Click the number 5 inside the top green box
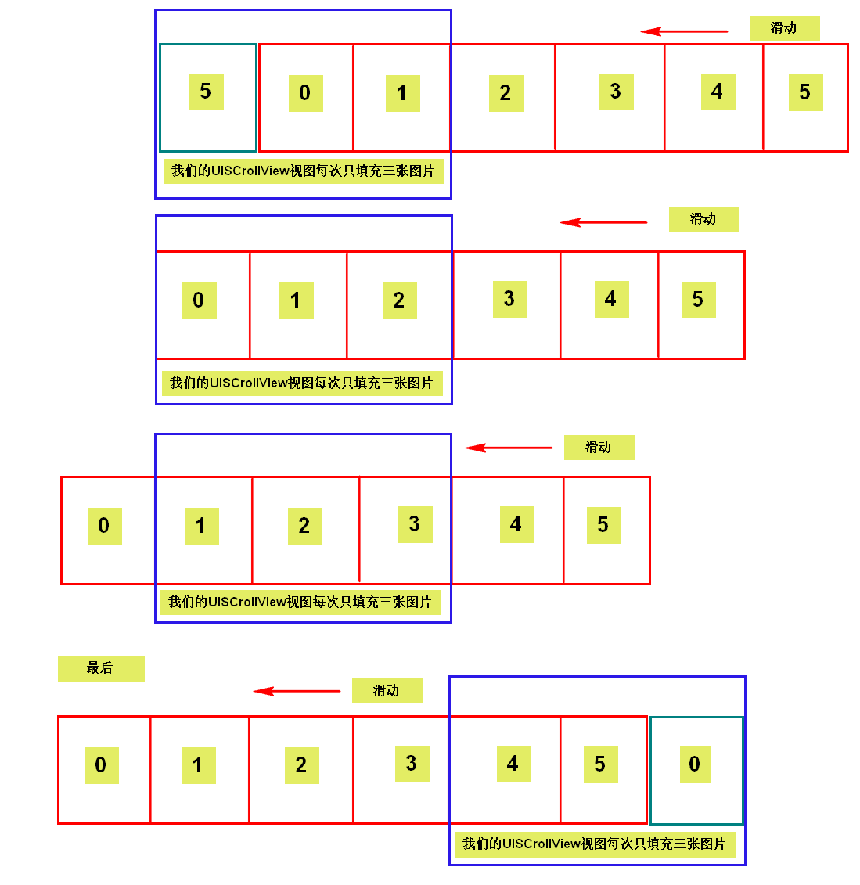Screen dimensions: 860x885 206,92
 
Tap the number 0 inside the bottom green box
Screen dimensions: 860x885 694,764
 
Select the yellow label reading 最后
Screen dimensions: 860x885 101,668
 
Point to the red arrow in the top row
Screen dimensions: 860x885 683,31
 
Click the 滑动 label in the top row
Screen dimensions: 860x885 784,28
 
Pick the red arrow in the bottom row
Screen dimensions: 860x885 297,691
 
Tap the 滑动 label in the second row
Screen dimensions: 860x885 703,219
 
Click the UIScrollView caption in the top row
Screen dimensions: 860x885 303,171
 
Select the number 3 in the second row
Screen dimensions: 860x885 509,299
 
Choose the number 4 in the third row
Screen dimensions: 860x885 516,524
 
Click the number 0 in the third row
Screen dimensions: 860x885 104,526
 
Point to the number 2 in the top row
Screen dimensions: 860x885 506,94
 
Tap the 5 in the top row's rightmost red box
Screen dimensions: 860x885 805,92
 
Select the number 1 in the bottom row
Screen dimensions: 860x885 198,765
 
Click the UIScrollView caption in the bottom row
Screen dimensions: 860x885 594,844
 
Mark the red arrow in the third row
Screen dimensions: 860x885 509,448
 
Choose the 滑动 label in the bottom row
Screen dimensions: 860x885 387,691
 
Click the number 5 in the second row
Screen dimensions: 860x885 698,300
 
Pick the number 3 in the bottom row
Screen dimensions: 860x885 412,764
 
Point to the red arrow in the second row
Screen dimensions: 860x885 603,222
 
